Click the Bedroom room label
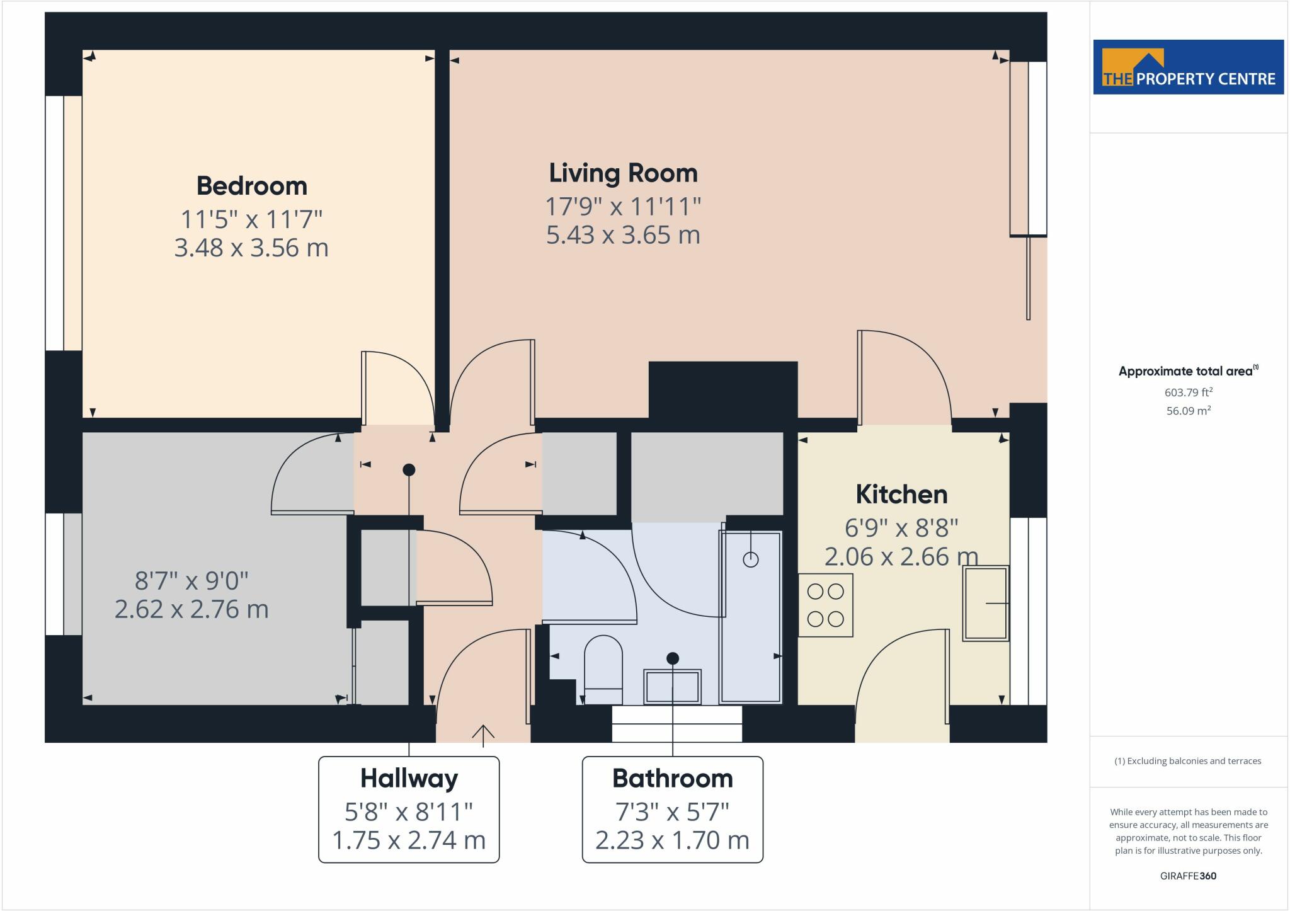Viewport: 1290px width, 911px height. (252, 186)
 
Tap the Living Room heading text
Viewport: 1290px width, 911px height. (624, 173)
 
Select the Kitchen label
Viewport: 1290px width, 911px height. (901, 495)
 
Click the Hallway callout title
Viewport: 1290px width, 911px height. (409, 779)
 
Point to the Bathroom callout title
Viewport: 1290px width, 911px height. (673, 779)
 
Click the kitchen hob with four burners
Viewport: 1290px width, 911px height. (826, 605)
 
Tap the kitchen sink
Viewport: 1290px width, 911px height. (986, 604)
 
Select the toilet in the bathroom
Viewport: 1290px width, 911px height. (603, 670)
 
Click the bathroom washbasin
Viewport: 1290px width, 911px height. (672, 686)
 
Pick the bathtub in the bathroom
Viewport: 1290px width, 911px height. (751, 617)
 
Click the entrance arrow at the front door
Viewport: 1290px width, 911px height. (483, 735)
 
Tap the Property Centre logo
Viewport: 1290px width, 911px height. (1189, 67)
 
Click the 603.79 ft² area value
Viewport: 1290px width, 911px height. (1189, 392)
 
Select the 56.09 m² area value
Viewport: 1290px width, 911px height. (1189, 411)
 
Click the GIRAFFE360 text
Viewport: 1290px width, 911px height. (1188, 876)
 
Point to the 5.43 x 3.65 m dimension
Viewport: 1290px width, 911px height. (623, 235)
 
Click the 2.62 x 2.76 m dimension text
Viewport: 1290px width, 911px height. (191, 609)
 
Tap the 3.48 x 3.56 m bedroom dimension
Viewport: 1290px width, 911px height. (251, 248)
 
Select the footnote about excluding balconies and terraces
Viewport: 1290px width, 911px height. (1188, 761)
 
